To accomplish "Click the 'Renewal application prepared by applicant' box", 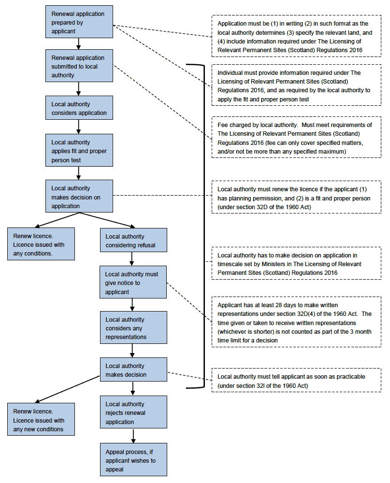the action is coord(79,22).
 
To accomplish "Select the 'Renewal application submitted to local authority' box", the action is coord(79,66).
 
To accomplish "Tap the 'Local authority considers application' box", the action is coord(79,108).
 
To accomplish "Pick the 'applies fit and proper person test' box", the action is coord(79,150).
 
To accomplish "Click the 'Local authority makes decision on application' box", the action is coord(79,196).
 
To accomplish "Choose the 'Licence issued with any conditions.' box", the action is coord(41,244).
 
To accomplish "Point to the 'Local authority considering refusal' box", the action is coord(133,240).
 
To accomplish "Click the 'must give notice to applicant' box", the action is coord(133,282).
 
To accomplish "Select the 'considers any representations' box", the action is coord(133,327).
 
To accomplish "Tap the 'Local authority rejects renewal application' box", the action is coord(133,412).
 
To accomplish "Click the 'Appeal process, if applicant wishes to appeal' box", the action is coord(133,460).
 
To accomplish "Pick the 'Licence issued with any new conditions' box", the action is coord(41,419).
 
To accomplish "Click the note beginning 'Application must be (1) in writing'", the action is coord(296,36).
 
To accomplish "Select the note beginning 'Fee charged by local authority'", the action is coord(296,137).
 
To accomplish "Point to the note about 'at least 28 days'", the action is coord(296,322).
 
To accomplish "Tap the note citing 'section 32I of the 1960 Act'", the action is coord(296,380).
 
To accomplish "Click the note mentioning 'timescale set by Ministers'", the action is coord(296,263).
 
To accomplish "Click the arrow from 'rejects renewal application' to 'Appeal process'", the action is coord(133,436).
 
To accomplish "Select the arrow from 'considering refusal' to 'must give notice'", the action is coord(131,259).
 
